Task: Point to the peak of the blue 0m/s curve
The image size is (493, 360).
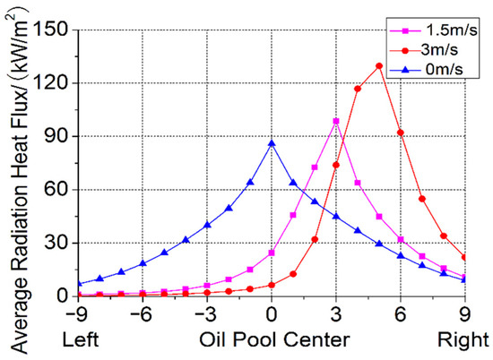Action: point(272,143)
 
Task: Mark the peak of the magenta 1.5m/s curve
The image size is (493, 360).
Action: point(336,121)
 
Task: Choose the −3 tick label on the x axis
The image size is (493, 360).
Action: point(203,314)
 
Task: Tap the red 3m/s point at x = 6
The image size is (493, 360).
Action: point(401,133)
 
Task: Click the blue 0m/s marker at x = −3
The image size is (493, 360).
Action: point(207,225)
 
